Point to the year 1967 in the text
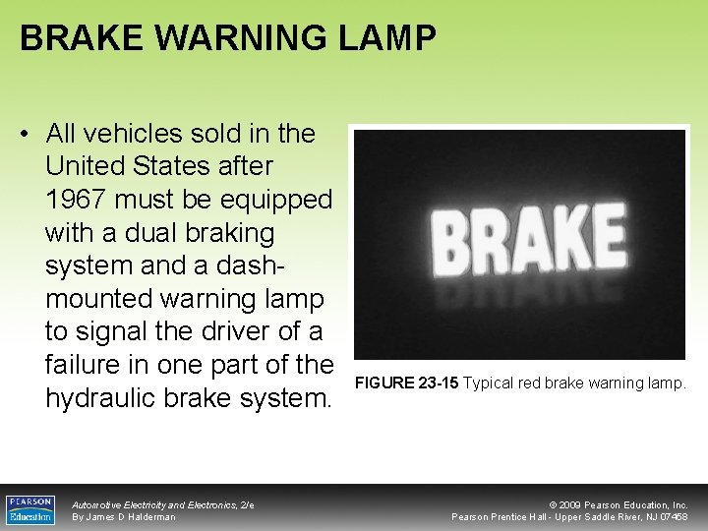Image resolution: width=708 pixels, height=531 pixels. pyautogui.click(x=78, y=200)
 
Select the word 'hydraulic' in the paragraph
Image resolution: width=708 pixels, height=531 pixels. pyautogui.click(x=105, y=397)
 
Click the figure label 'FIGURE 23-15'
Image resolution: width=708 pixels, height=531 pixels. pyautogui.click(x=406, y=383)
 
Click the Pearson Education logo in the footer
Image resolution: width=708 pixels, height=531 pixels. pyautogui.click(x=30, y=508)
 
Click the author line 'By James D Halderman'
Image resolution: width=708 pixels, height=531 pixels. pyautogui.click(x=124, y=517)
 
